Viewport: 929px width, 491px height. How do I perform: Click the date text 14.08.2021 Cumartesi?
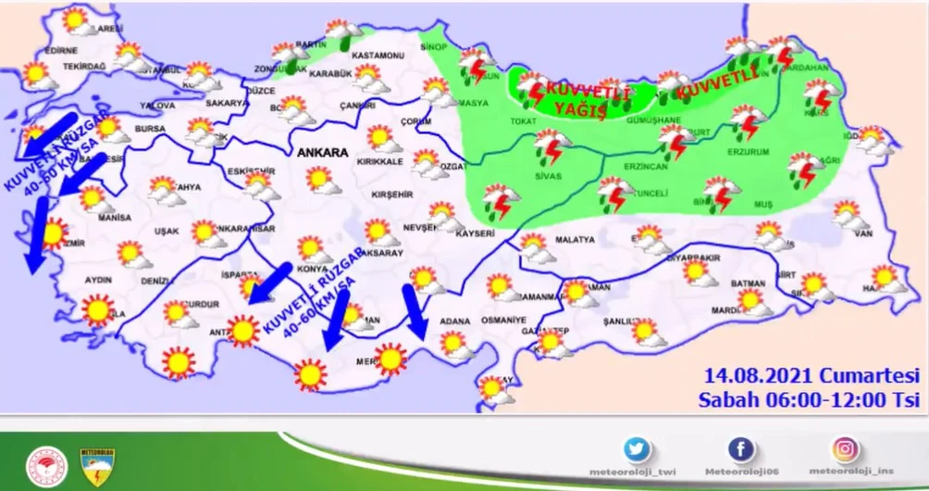coord(810,377)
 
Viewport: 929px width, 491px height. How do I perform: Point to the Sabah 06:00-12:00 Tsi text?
coord(808,399)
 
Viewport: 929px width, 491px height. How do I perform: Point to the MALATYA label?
coord(575,239)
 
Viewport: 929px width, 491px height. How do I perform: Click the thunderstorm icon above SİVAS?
coord(552,145)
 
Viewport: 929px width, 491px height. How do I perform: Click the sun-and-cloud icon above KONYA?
coord(312,248)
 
